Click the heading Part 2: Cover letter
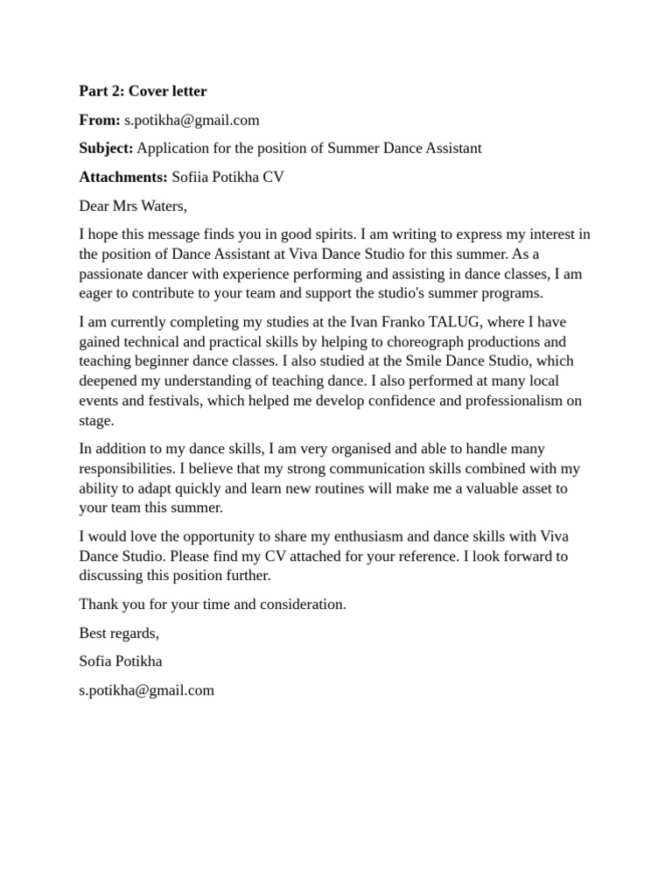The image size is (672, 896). tap(143, 91)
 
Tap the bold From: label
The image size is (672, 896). tap(99, 120)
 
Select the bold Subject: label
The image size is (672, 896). tap(106, 149)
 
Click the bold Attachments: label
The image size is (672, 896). tap(122, 178)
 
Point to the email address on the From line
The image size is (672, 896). tap(192, 120)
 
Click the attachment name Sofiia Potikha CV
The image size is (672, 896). tap(227, 178)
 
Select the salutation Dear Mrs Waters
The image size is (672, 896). tap(133, 206)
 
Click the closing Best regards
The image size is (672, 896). tap(119, 633)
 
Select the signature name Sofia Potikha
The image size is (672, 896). tap(120, 661)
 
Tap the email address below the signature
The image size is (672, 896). tap(146, 690)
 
